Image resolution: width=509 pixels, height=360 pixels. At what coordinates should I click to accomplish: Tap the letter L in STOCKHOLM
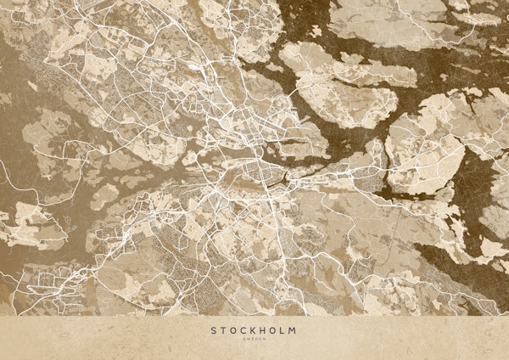(x=283, y=330)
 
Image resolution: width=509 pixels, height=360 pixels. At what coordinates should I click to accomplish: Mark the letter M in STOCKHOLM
(x=294, y=330)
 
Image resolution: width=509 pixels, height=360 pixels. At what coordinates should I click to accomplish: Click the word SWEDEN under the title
(x=254, y=340)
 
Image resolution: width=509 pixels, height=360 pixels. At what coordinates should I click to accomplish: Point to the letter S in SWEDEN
(x=244, y=340)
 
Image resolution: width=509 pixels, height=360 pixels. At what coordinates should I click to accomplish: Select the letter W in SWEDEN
(x=248, y=340)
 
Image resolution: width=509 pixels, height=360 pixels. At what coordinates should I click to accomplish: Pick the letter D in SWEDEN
(x=256, y=340)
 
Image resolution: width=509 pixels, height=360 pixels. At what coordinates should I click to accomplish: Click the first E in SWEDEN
(x=252, y=340)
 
